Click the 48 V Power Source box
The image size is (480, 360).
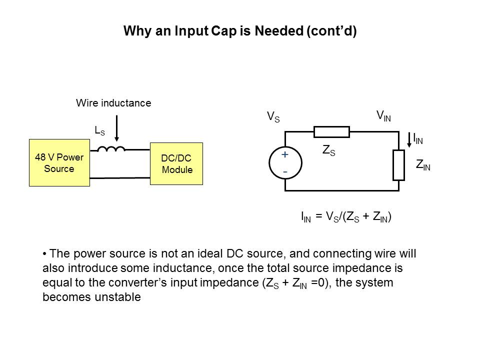(x=59, y=162)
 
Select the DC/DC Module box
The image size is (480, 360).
(x=176, y=163)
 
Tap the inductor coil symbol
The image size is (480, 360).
(x=110, y=148)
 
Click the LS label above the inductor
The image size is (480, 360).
(x=99, y=131)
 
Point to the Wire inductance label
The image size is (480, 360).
(x=113, y=103)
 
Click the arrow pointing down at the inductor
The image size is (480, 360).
(x=117, y=130)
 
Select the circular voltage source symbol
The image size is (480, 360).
(x=285, y=162)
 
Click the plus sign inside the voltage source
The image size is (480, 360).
(x=285, y=155)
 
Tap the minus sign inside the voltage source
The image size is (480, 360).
(x=285, y=171)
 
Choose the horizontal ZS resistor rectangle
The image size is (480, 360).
(x=331, y=132)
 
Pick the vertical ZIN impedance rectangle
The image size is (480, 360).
(x=398, y=165)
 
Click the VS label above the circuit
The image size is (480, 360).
(x=273, y=117)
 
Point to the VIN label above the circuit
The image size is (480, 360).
(x=383, y=116)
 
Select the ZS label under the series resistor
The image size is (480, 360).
(x=329, y=150)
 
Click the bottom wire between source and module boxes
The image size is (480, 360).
(x=120, y=177)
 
